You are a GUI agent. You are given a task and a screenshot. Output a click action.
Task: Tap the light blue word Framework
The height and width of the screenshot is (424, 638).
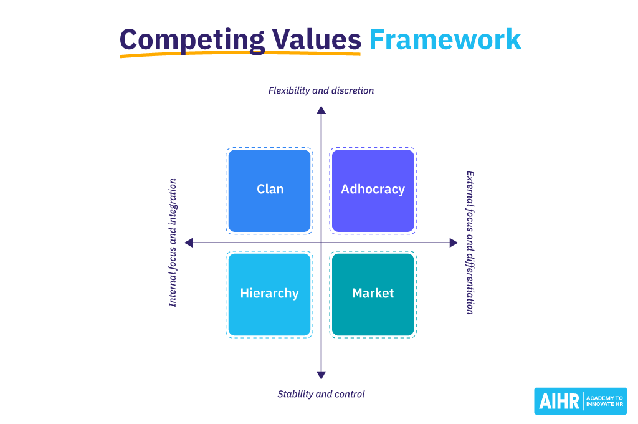click(445, 39)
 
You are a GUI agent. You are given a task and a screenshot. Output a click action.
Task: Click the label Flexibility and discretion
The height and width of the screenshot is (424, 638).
click(321, 90)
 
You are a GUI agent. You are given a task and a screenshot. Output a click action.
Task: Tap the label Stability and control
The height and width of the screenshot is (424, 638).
click(321, 394)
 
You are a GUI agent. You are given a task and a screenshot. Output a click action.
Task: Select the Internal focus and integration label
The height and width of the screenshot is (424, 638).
click(173, 243)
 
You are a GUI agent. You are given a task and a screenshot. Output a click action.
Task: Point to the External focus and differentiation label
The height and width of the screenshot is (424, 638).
click(470, 243)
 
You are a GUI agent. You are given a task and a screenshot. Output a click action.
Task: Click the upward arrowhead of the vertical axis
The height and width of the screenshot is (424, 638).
click(321, 110)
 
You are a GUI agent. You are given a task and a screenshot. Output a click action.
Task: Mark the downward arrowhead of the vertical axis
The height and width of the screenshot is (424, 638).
click(321, 375)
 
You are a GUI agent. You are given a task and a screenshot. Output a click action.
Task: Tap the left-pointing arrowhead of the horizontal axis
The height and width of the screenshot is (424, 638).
click(189, 243)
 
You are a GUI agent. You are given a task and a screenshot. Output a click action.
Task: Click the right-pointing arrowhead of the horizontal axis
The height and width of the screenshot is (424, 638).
click(454, 243)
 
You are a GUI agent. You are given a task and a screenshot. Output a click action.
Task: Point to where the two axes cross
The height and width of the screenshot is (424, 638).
click(321, 243)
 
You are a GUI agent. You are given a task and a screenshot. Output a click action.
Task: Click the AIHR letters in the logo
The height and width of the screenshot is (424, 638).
click(558, 401)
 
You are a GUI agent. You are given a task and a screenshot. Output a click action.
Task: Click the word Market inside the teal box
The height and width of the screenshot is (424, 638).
click(373, 293)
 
